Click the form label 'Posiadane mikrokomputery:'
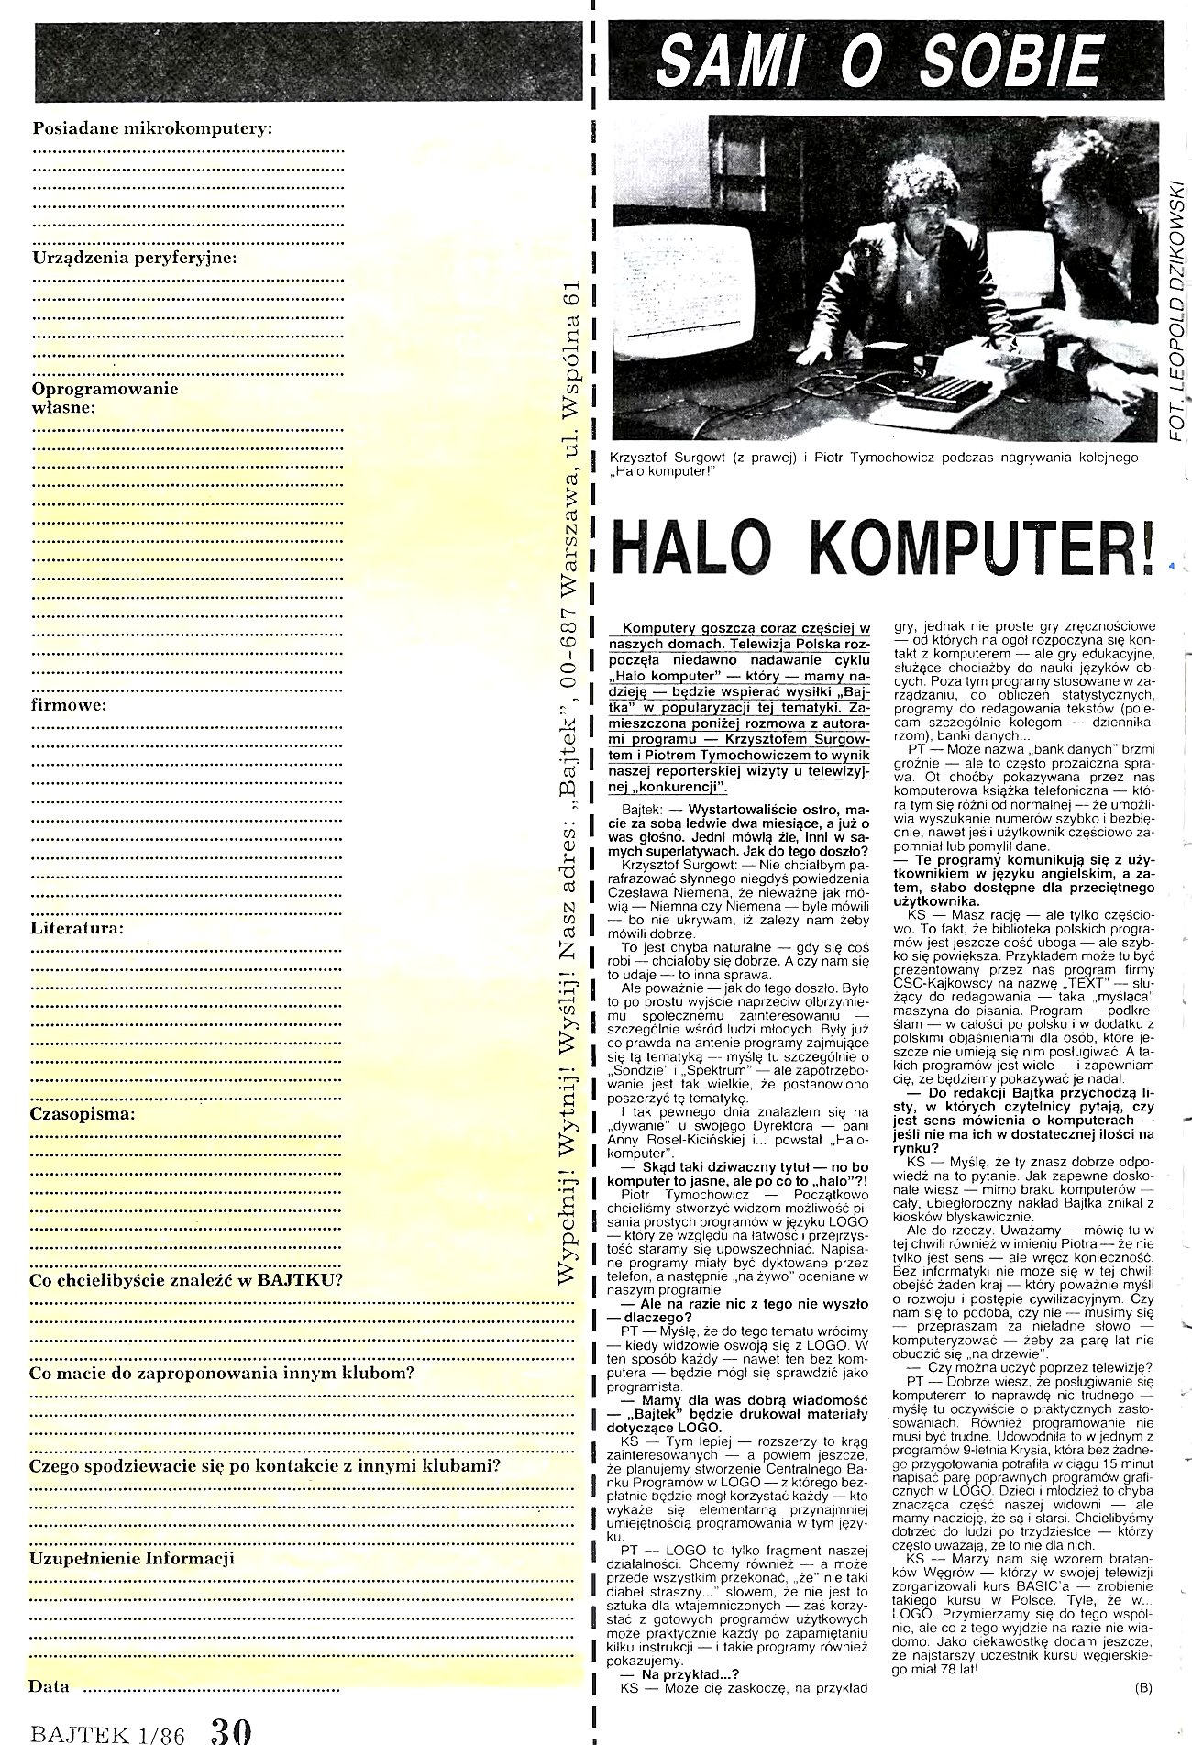pos(152,128)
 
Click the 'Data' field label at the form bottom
pos(49,1686)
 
